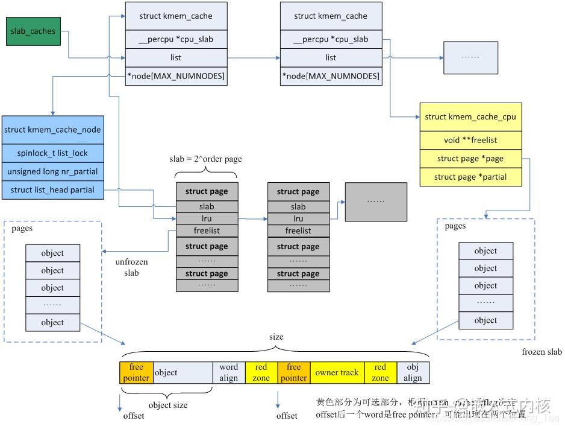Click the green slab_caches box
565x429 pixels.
(34, 31)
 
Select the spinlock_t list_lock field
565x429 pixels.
(52, 153)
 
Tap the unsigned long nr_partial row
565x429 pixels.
(52, 171)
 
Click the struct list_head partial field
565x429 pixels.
(52, 189)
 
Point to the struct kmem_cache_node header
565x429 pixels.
(52, 129)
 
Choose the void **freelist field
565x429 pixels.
(470, 140)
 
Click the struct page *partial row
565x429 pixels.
(470, 177)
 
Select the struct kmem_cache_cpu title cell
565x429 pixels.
(470, 116)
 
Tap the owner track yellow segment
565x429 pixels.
(336, 372)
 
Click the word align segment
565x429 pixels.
(228, 372)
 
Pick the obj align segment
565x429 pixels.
(413, 372)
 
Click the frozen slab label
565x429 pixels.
(542, 352)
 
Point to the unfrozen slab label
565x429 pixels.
(131, 267)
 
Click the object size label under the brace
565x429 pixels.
(167, 405)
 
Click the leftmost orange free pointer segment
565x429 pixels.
(136, 372)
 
